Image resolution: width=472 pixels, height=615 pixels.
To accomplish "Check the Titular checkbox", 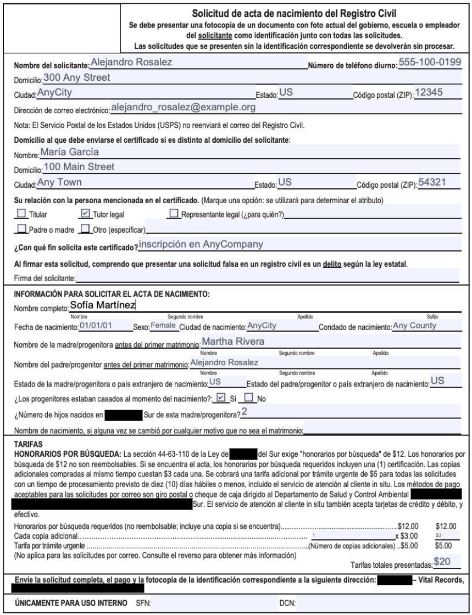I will point(22,213).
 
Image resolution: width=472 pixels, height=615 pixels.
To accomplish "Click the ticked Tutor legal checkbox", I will point(84,213).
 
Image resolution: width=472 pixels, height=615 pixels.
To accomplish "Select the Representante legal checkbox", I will point(176,213).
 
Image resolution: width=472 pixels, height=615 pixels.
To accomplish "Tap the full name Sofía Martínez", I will point(103,306).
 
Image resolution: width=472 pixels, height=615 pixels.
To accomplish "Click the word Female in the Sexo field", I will point(164,326).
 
